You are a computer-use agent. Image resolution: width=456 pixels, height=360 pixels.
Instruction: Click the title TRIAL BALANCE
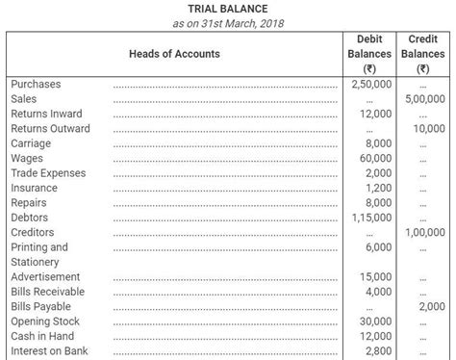(228, 9)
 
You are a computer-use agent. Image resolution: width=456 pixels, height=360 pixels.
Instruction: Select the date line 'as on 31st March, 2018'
(228, 23)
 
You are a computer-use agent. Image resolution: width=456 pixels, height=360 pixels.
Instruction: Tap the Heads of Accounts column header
(173, 54)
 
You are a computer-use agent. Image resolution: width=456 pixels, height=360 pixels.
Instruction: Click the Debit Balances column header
(368, 54)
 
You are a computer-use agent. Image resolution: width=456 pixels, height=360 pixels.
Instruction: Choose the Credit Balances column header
(423, 54)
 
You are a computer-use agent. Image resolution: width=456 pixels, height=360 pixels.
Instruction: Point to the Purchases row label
(37, 84)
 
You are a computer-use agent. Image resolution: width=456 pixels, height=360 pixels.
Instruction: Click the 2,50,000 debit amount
(372, 84)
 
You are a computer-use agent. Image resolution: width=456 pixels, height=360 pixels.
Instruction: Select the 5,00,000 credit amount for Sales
(424, 99)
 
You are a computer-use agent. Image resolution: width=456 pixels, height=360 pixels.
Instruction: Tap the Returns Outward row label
(50, 129)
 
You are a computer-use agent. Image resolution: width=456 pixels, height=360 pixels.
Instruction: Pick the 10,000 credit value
(428, 129)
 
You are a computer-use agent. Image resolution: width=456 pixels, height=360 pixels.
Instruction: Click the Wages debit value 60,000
(376, 159)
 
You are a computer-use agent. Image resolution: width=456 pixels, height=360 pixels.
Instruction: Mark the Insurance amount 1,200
(379, 189)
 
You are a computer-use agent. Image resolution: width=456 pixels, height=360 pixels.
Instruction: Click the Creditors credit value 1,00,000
(424, 233)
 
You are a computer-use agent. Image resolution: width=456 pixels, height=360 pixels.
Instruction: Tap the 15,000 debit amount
(376, 277)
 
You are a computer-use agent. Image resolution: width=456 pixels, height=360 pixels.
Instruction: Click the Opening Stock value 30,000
(376, 321)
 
